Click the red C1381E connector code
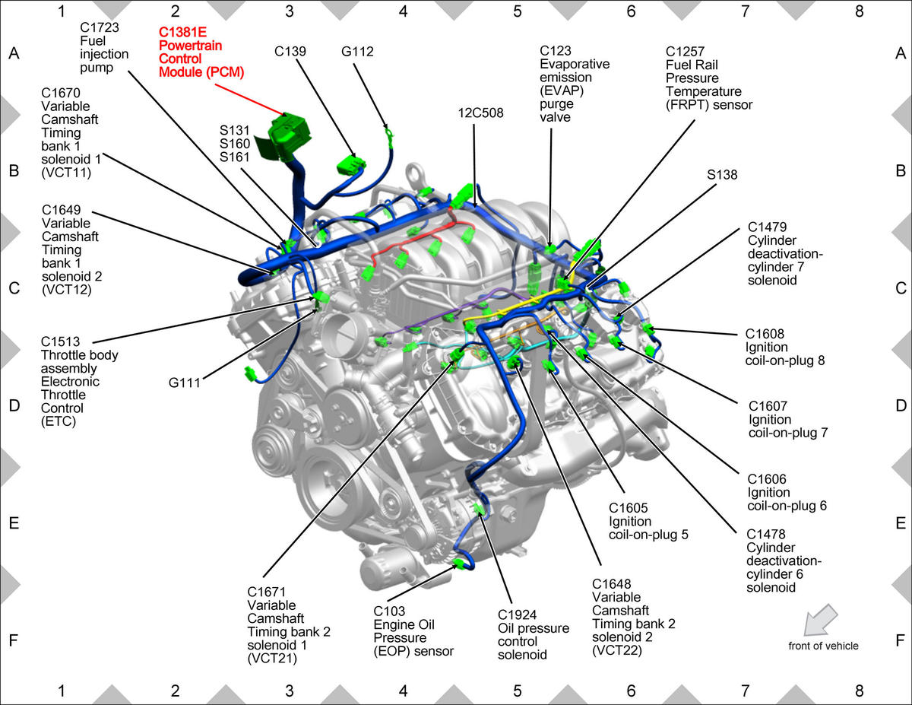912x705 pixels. tap(182, 32)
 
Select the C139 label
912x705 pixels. tap(290, 51)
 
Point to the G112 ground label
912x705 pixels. tap(357, 51)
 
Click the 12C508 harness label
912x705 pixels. tap(480, 113)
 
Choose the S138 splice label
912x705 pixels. tap(722, 175)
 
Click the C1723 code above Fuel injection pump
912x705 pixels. tap(100, 27)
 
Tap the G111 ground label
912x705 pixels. tap(184, 383)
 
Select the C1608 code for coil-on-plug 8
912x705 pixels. tap(765, 334)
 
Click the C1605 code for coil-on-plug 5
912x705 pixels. tap(629, 508)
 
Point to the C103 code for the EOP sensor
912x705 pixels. tap(389, 611)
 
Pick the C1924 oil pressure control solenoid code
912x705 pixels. tap(517, 614)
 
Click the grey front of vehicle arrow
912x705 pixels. tap(819, 620)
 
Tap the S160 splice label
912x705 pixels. tap(235, 144)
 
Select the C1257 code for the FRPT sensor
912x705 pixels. tap(685, 52)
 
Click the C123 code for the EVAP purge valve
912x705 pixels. tap(556, 51)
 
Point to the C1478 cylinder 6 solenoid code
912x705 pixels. tap(766, 534)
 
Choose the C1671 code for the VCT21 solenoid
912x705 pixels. tap(267, 592)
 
